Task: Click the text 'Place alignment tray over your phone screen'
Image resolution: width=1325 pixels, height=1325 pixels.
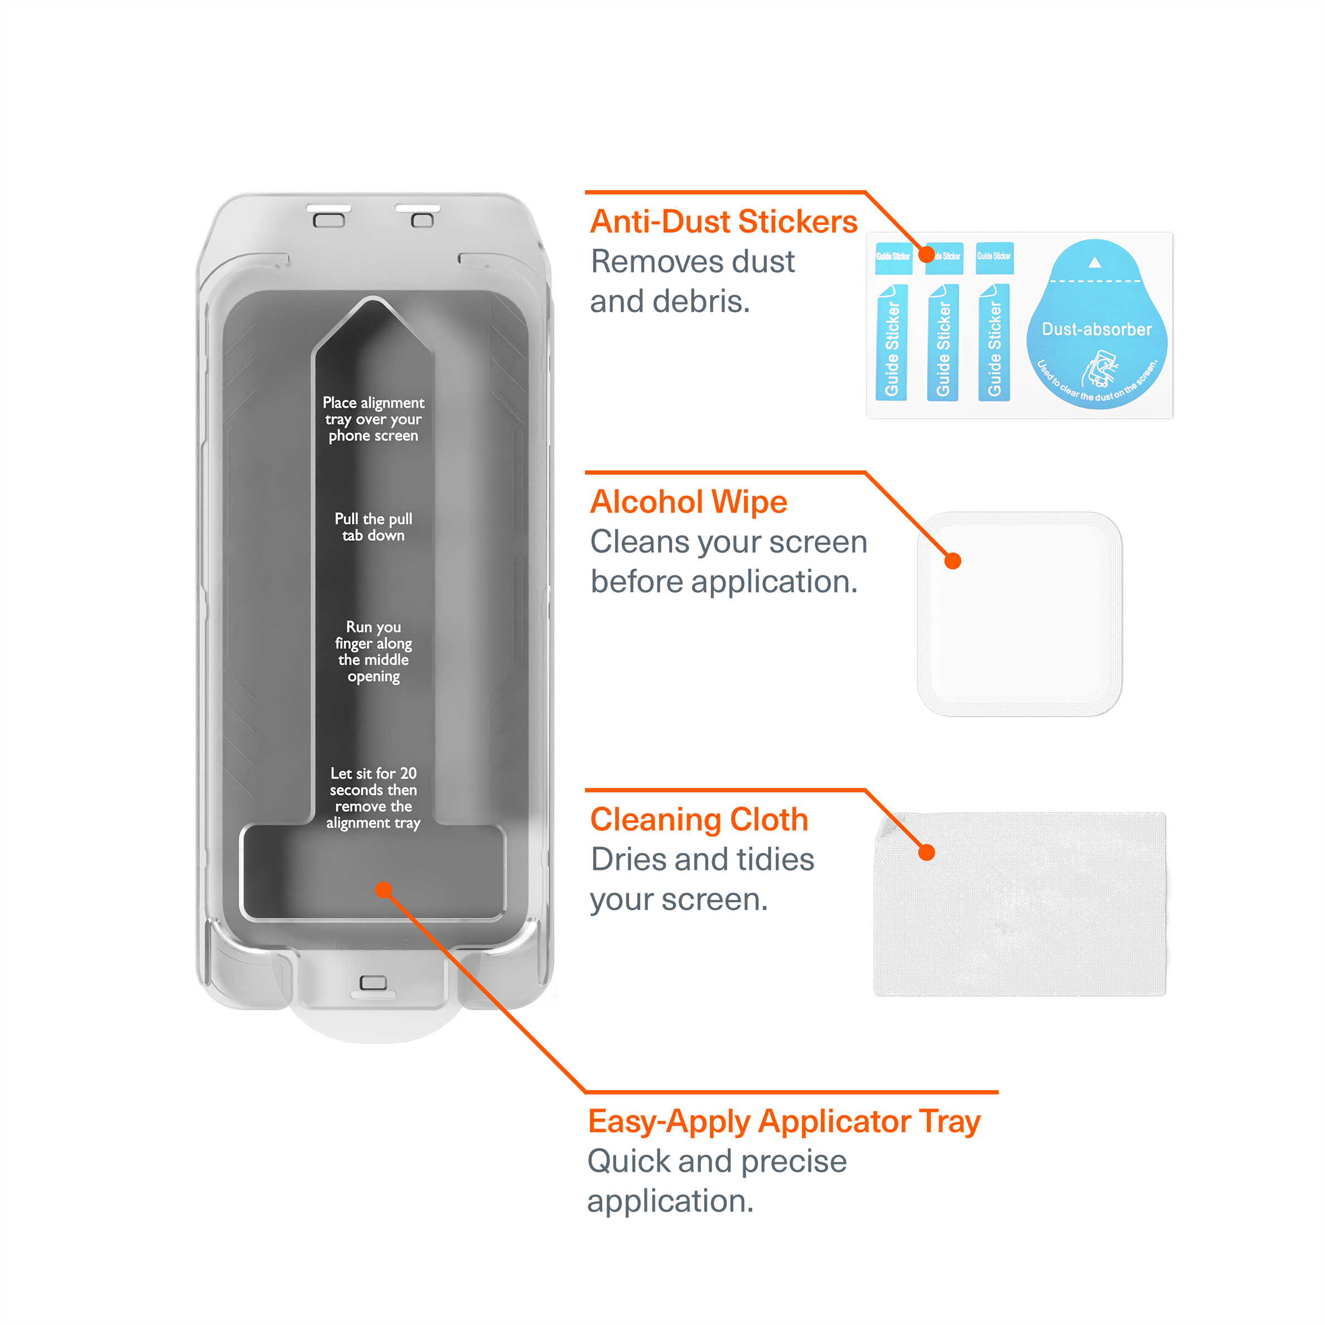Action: [373, 419]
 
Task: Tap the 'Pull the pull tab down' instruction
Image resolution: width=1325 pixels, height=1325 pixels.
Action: [373, 526]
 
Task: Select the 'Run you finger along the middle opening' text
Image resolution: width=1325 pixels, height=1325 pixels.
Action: [373, 651]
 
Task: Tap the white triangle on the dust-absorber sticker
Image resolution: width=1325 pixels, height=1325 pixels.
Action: [1095, 262]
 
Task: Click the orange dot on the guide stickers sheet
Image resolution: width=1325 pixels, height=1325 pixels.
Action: [926, 254]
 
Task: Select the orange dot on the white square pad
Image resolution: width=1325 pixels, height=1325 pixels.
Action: [952, 560]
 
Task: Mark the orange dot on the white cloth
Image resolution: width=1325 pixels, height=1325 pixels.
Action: [926, 853]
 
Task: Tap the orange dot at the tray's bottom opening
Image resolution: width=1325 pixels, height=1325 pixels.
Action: [383, 890]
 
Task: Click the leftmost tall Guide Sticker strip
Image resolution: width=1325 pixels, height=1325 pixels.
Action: [892, 342]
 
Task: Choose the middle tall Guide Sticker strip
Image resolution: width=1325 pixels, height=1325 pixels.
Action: [943, 342]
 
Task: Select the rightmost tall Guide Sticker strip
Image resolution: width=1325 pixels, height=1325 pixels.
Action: [994, 342]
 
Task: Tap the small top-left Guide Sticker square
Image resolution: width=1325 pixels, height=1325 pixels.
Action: [893, 258]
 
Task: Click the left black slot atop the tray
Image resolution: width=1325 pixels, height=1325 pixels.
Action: [328, 208]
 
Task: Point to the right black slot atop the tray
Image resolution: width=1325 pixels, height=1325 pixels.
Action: [418, 208]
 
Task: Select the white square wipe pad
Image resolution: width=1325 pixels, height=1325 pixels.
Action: [1019, 615]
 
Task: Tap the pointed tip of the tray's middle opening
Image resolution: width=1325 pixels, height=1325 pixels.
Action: [373, 302]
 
